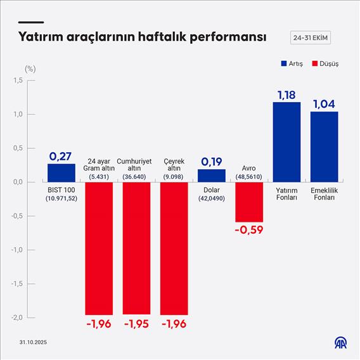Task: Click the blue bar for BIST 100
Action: coord(61,172)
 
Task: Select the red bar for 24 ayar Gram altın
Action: coord(99,248)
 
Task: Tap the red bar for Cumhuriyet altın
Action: coord(136,248)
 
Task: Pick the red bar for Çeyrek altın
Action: coord(174,248)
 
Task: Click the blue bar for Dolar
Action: coord(212,176)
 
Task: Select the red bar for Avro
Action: coord(249,202)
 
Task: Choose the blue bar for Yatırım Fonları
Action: coord(286,142)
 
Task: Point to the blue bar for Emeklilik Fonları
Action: coord(324,146)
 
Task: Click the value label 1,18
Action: coord(286,94)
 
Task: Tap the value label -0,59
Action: coord(248,229)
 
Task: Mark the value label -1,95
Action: coord(136,324)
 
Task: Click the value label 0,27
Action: coord(61,156)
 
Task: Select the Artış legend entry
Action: coord(292,64)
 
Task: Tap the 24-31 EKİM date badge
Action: coord(310,37)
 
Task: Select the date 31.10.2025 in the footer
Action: coord(33,342)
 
